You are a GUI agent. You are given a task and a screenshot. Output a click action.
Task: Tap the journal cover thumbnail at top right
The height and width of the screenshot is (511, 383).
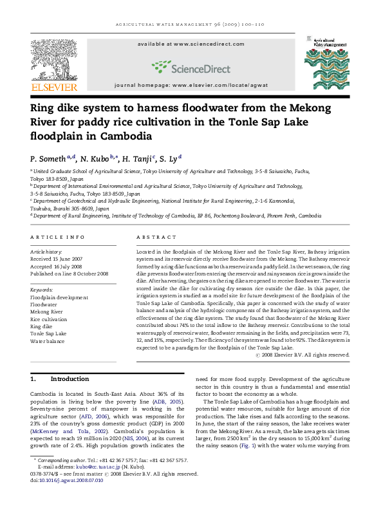tap(326, 64)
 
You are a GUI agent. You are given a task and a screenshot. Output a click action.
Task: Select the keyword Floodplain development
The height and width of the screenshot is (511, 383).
tap(59, 297)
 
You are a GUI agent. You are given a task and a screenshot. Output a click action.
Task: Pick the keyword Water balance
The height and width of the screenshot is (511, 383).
tap(48, 341)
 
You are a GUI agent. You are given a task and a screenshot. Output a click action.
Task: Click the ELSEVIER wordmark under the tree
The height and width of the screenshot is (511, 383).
tap(54, 87)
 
